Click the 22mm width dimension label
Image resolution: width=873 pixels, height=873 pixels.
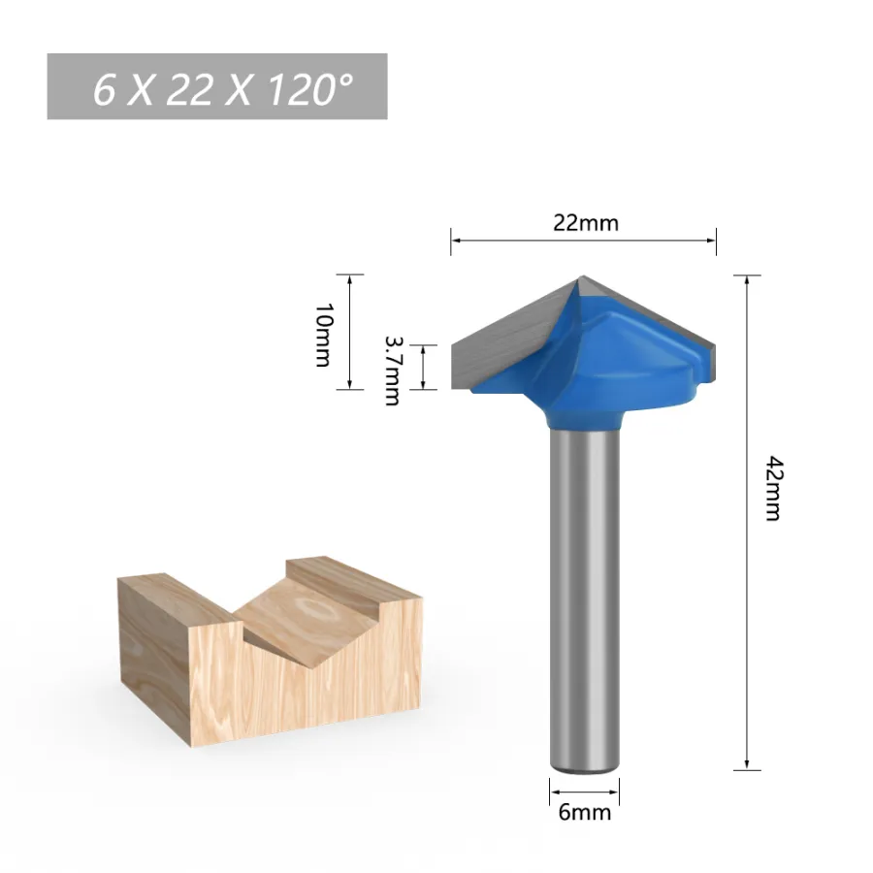tap(585, 223)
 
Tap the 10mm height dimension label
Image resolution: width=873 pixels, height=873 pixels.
tap(323, 336)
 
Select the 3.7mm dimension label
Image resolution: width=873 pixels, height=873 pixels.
tap(393, 371)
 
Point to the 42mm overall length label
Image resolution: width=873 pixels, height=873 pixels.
tap(774, 488)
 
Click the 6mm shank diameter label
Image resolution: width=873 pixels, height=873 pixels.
tap(585, 812)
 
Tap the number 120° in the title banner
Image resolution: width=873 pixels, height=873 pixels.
tap(310, 89)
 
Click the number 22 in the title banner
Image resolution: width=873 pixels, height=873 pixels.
tap(189, 89)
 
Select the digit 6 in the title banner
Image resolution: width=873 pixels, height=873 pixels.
tap(104, 89)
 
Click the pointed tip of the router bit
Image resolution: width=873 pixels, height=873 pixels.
tap(582, 276)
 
